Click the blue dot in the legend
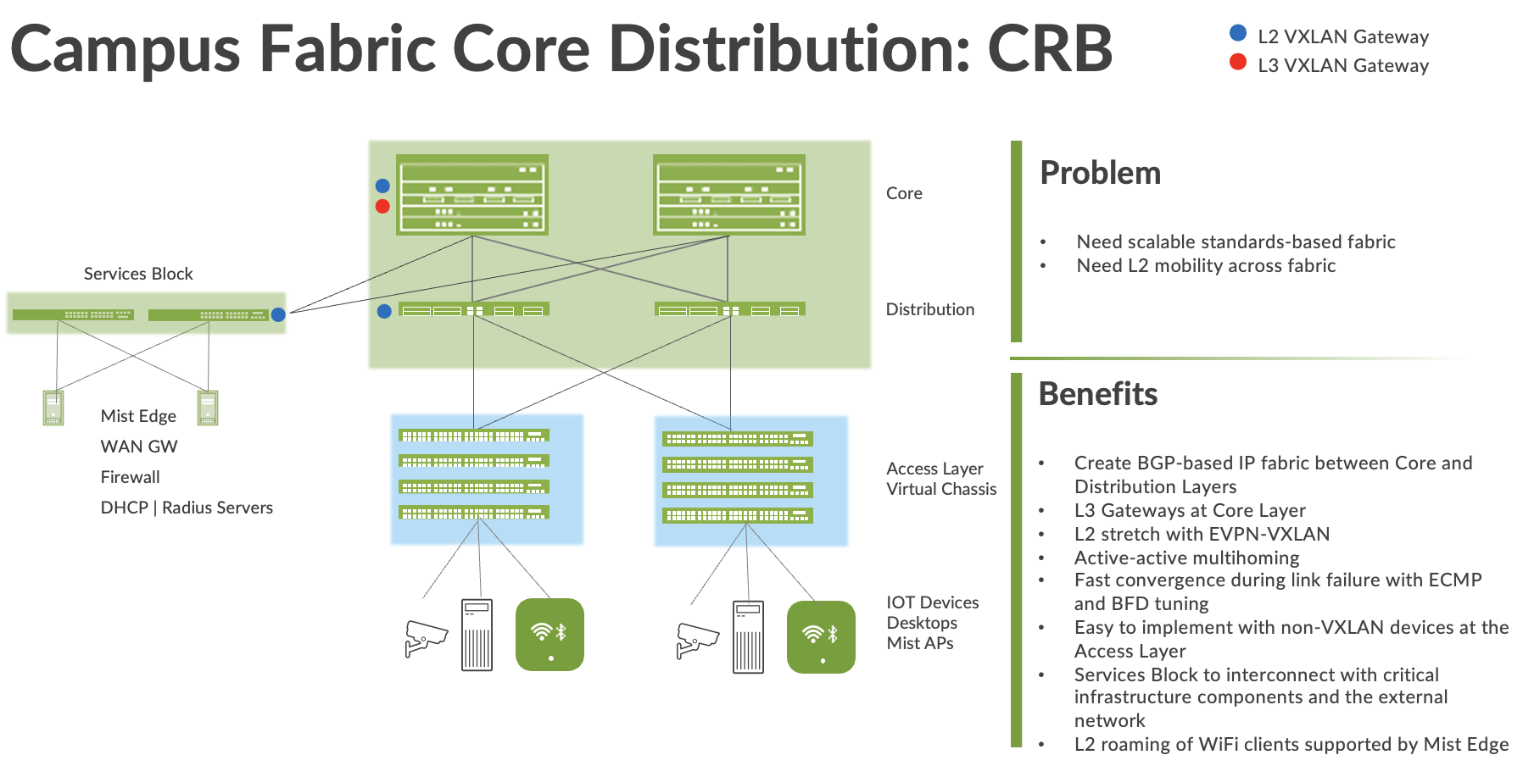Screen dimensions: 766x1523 coord(1238,33)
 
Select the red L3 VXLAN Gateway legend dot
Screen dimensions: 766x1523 coord(1238,62)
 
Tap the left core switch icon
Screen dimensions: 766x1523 coord(472,195)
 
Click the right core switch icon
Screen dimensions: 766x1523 coord(729,195)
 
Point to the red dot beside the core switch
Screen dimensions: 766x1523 coord(382,206)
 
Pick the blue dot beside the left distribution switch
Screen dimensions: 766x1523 coord(384,311)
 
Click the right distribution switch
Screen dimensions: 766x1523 coord(729,310)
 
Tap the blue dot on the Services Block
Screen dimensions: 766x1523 coord(278,314)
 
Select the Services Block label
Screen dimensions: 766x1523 coord(138,274)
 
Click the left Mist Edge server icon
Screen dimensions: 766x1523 coord(53,408)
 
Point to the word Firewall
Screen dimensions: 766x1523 coord(130,477)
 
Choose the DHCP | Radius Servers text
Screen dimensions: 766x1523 coord(187,508)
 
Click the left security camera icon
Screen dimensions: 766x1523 coord(426,638)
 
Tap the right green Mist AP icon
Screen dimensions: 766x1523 coord(821,637)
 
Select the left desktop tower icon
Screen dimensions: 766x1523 coord(477,635)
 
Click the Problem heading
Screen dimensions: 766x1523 coord(1100,173)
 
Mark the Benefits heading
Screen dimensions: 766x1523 coord(1098,394)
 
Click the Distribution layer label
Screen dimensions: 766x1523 coord(929,309)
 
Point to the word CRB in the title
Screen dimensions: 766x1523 coord(1050,48)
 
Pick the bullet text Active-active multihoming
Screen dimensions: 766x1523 coord(1186,558)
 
